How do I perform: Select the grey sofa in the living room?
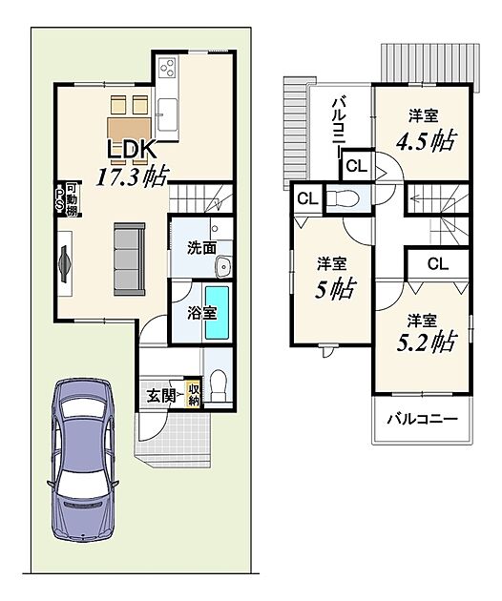click(130, 259)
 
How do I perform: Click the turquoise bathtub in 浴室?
click(217, 312)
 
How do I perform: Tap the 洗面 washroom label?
click(201, 248)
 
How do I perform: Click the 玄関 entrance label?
click(161, 396)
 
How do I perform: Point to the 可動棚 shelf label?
click(72, 199)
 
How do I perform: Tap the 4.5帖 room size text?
click(426, 141)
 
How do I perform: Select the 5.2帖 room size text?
click(426, 342)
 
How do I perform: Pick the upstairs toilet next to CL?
click(344, 198)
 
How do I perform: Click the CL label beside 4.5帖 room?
click(357, 166)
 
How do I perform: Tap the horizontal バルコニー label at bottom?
click(422, 419)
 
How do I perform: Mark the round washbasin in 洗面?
click(223, 266)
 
